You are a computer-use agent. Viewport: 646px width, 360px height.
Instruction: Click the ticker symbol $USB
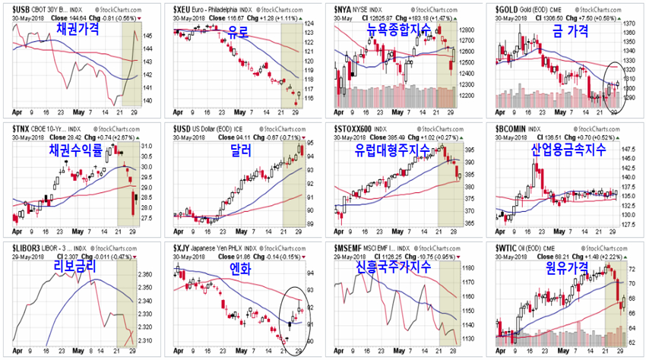tap(21, 6)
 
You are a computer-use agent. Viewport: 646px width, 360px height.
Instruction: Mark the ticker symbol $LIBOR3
tap(27, 248)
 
